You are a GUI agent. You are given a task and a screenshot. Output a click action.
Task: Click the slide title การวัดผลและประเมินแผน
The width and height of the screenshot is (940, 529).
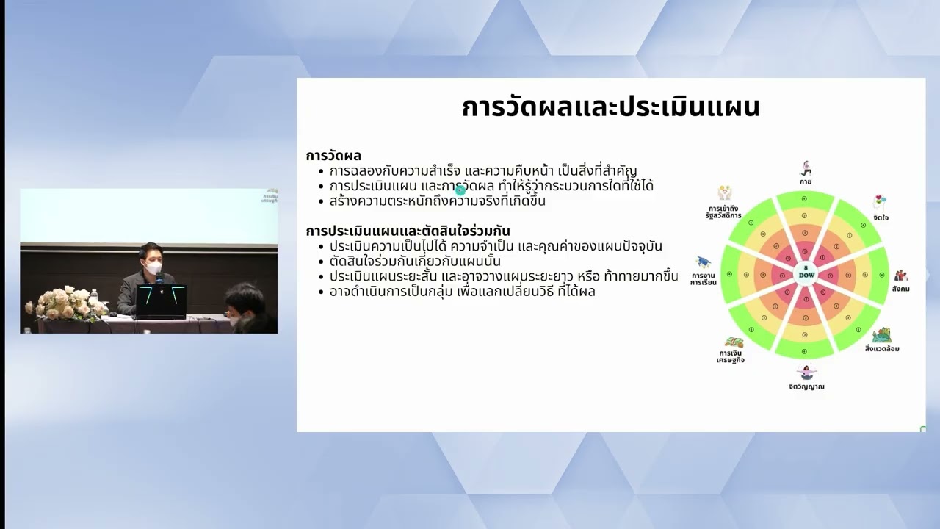click(x=610, y=107)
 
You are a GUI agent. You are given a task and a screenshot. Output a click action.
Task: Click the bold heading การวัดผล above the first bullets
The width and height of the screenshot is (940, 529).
click(x=333, y=156)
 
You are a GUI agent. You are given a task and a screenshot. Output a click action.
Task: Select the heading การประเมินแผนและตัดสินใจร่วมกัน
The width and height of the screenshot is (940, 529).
click(x=408, y=231)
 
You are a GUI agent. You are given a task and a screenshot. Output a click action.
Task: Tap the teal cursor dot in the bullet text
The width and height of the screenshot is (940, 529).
click(x=460, y=190)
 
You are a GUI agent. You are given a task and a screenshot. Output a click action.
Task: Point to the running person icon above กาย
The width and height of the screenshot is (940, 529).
click(x=806, y=168)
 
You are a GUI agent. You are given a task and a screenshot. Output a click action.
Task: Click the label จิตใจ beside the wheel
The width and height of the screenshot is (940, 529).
click(x=880, y=218)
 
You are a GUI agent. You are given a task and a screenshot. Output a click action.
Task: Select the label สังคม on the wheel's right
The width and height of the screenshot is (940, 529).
click(x=900, y=289)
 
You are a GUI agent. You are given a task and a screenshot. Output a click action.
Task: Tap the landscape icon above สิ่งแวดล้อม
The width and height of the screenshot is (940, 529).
click(x=881, y=335)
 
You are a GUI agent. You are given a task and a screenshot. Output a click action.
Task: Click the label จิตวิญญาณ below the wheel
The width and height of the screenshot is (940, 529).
click(x=806, y=386)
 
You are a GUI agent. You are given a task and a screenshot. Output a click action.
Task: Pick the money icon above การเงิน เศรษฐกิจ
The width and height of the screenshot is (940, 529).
click(x=733, y=342)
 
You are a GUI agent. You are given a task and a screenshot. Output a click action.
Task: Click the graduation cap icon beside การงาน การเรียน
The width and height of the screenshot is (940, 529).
click(x=704, y=262)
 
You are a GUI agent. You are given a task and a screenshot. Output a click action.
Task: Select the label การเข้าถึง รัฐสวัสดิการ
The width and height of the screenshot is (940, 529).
click(x=725, y=212)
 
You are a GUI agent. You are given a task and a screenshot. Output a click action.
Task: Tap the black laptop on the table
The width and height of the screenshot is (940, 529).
click(x=161, y=301)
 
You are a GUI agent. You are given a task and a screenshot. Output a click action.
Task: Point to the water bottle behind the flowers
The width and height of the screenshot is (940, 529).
click(x=93, y=295)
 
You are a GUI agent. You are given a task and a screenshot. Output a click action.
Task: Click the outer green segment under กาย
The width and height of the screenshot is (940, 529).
click(x=805, y=198)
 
